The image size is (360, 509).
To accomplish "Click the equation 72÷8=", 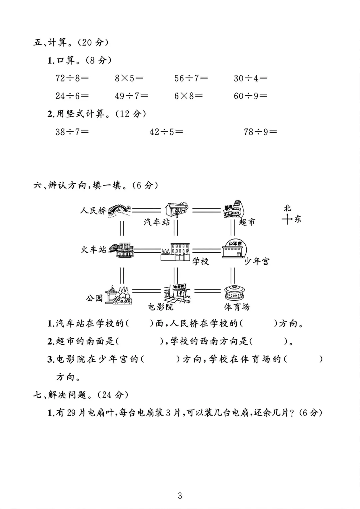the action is (x=72, y=78).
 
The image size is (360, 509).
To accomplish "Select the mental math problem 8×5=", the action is (x=129, y=78).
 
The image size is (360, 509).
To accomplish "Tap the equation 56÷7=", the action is (x=191, y=78).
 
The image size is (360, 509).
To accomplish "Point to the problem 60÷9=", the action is (x=250, y=96).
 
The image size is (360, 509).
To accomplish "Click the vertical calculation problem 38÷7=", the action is (x=72, y=132).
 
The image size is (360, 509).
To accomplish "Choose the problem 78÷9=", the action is (x=260, y=132).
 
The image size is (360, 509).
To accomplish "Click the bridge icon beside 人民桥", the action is (x=119, y=210).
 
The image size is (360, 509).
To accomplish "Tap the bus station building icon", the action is (x=177, y=209).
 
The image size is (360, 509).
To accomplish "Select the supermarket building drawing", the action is (x=234, y=209).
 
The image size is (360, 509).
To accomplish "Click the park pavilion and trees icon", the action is (x=119, y=295).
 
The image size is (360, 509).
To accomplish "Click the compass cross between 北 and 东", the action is (x=287, y=219).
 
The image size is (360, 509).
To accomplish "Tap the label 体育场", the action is (x=237, y=307).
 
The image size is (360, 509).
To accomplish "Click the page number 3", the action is (x=180, y=496).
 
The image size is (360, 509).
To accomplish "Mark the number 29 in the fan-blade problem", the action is (x=71, y=413).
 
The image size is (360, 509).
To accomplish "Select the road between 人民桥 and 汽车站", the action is (x=146, y=210).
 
